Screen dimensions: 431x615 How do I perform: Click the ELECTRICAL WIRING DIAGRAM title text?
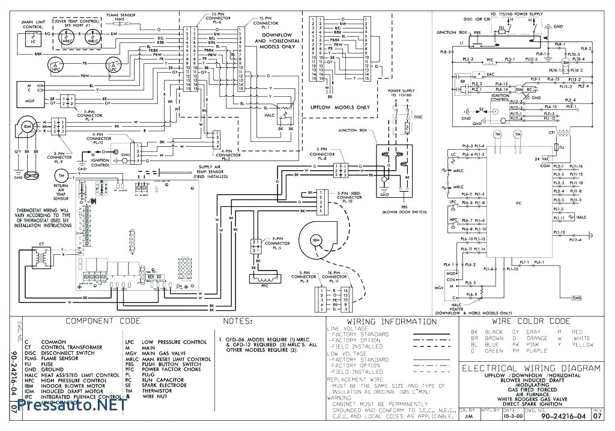tap(530, 368)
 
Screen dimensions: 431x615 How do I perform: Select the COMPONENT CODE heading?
tap(102, 322)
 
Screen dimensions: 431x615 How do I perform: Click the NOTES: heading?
tap(238, 322)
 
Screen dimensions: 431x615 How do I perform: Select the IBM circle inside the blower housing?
tap(316, 240)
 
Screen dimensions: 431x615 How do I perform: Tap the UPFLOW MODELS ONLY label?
tap(339, 107)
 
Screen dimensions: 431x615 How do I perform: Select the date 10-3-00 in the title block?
tap(508, 416)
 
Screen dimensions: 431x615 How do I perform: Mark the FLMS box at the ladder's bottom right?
tap(577, 298)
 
